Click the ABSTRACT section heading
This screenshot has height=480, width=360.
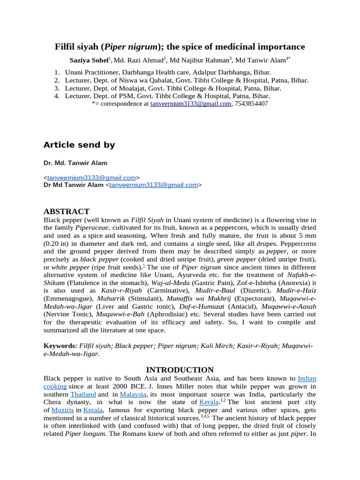tap(66, 211)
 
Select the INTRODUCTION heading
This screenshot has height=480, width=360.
tap(180, 370)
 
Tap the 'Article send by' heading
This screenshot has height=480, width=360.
tap(79, 145)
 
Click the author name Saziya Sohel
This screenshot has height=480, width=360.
tap(89, 60)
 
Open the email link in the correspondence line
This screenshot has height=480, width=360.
tap(191, 104)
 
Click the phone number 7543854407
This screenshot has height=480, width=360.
tap(251, 104)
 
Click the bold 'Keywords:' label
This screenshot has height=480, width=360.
tap(60, 346)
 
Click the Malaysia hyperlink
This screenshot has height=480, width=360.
tap(133, 394)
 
